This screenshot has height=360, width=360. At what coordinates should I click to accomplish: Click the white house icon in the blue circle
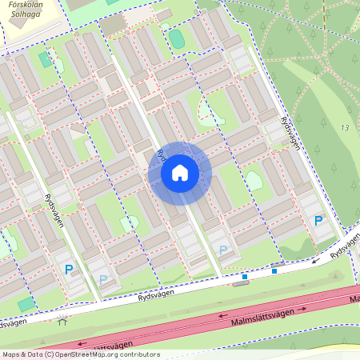[180, 173]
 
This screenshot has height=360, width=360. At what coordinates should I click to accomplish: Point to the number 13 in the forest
[345, 128]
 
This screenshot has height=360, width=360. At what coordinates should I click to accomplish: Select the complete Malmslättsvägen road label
[262, 311]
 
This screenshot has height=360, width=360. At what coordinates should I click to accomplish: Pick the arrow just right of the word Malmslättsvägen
[305, 306]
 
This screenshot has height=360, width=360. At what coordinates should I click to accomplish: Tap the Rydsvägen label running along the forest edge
[290, 132]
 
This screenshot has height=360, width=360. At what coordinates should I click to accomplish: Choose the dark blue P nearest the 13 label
[318, 221]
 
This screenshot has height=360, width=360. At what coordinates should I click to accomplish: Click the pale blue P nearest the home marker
[222, 251]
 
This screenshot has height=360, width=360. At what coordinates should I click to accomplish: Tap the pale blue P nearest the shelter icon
[102, 279]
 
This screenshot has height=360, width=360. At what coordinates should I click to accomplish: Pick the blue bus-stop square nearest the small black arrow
[274, 271]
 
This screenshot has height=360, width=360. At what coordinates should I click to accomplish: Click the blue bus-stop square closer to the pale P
[245, 277]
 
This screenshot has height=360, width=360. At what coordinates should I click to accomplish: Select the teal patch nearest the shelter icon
[26, 304]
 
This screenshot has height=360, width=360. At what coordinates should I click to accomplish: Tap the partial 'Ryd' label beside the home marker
[161, 152]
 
